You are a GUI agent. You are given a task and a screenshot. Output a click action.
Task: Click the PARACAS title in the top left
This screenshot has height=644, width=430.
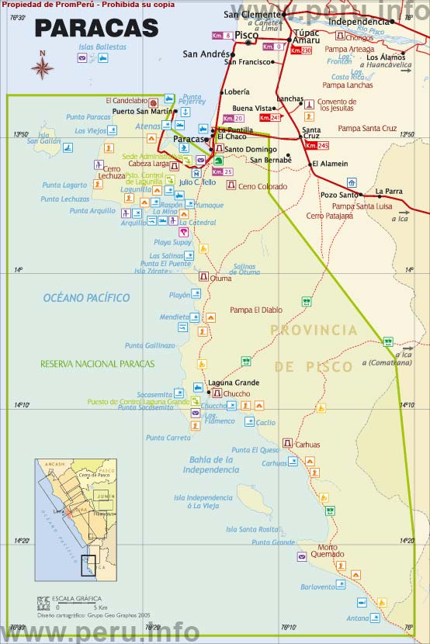tap(96, 29)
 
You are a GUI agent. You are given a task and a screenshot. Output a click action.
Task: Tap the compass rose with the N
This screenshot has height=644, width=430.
tap(42, 67)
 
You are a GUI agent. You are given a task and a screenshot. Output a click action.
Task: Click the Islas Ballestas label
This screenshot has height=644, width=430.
tap(102, 47)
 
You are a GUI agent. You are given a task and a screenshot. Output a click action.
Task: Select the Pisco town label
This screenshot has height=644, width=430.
tap(246, 36)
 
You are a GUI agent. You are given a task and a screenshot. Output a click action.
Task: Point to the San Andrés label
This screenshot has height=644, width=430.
tap(205, 54)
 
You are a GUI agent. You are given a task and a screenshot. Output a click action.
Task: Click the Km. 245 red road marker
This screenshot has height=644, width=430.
tap(317, 145)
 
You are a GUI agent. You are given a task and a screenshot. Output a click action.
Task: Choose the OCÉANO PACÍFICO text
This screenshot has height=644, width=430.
tap(86, 298)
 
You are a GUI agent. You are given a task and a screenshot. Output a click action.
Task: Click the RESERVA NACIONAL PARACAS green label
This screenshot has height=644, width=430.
tap(97, 364)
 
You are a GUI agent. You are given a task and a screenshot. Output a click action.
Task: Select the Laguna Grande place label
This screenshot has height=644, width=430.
tap(233, 383)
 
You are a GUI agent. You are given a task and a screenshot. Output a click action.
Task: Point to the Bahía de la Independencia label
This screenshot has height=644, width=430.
tap(211, 465)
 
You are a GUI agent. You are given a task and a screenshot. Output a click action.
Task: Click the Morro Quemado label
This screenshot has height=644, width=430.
tap(331, 550)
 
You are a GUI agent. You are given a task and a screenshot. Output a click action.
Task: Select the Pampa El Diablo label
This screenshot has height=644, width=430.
tap(256, 310)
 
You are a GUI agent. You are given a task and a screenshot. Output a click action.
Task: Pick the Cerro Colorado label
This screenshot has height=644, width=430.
tap(262, 186)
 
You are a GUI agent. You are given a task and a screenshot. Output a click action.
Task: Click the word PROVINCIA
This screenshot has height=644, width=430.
tap(314, 331)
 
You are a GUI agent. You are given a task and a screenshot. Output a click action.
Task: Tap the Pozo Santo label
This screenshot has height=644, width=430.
tap(340, 195)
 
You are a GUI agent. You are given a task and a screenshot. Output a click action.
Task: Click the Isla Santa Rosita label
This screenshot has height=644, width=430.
tap(252, 529)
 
